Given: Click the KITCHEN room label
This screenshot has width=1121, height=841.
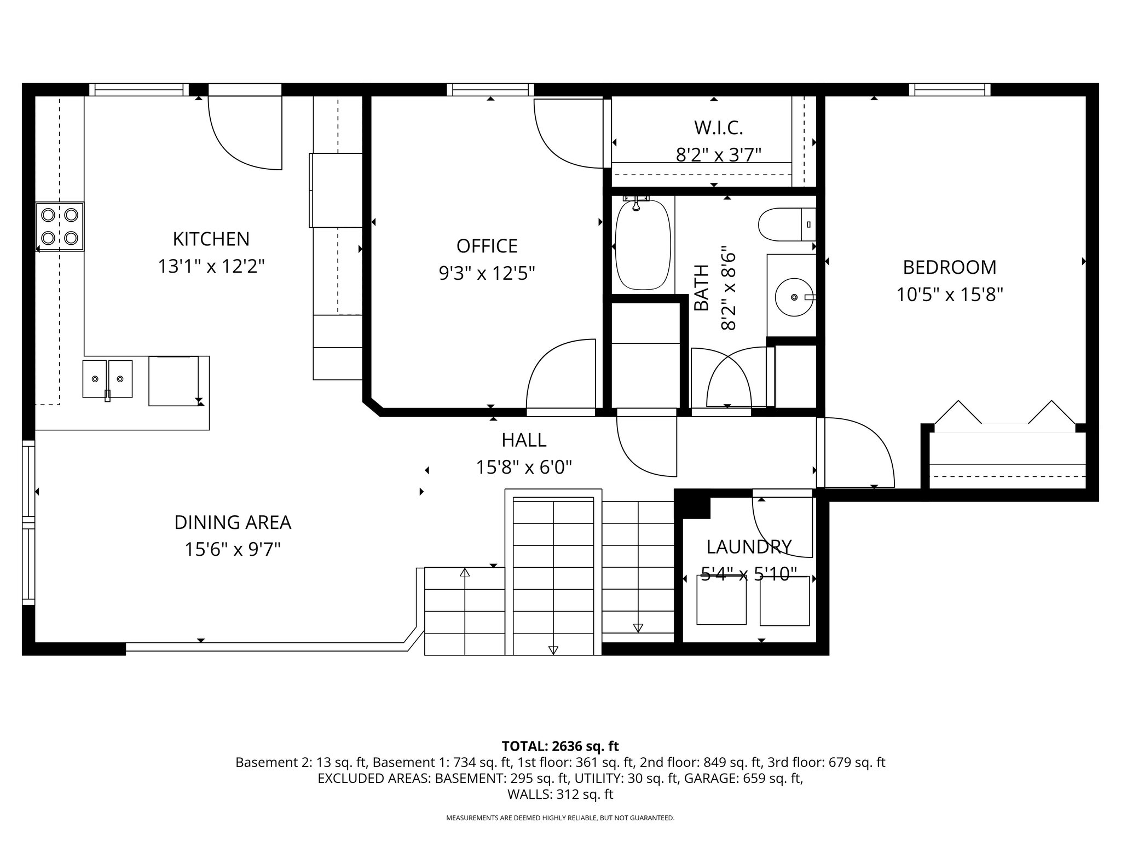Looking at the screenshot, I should pyautogui.click(x=211, y=239).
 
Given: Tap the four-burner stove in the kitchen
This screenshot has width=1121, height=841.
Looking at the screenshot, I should pyautogui.click(x=60, y=227).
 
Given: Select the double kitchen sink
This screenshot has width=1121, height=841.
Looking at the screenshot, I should pyautogui.click(x=107, y=378).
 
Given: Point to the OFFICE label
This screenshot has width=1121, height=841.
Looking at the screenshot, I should pyautogui.click(x=487, y=246).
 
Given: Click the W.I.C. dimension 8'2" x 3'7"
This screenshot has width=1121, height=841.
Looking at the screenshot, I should pyautogui.click(x=719, y=155).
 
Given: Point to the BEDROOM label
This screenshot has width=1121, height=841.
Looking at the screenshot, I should pyautogui.click(x=949, y=267).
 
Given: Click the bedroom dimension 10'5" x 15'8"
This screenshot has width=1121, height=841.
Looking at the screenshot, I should pyautogui.click(x=949, y=295).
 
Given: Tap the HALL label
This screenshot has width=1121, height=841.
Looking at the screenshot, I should pyautogui.click(x=524, y=440).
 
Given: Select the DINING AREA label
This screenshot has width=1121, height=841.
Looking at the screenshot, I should pyautogui.click(x=233, y=522).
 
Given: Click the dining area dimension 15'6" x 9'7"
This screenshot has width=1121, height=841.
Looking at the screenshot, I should pyautogui.click(x=233, y=549).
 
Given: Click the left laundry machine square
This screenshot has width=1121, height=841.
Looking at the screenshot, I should pyautogui.click(x=721, y=601).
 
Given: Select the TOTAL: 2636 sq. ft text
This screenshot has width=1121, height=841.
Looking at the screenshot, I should pyautogui.click(x=560, y=746).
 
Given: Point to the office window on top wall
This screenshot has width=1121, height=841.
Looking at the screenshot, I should pyautogui.click(x=490, y=89).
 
